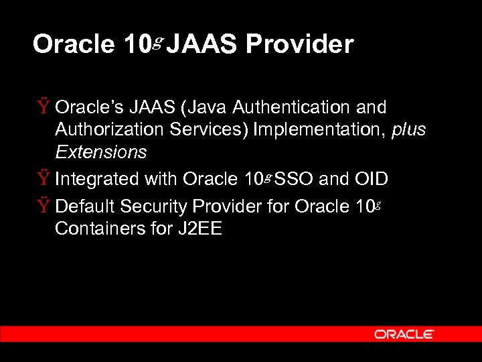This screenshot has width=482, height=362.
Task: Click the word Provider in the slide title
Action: (299, 45)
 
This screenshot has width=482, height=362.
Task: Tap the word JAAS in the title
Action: (204, 45)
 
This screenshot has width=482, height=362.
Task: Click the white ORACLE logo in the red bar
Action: (404, 334)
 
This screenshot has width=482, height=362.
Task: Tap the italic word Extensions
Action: (100, 152)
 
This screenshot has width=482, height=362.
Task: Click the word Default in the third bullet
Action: (82, 206)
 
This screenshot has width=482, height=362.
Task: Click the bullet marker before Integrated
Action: (44, 179)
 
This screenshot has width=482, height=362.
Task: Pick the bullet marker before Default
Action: (44, 206)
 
